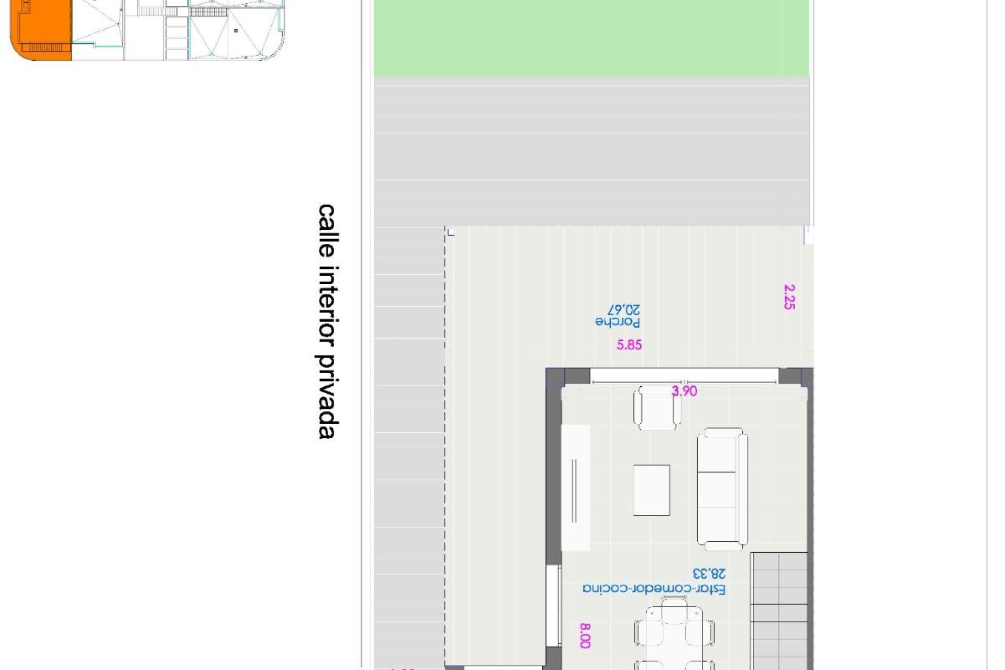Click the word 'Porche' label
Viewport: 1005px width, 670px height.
coord(618,321)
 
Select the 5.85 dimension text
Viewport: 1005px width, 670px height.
coord(629,344)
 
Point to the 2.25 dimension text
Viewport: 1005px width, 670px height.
coord(789,297)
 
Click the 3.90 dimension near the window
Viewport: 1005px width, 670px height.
coord(684,391)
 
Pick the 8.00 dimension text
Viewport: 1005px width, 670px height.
coord(585,635)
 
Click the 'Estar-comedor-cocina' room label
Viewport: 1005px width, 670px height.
coord(654,589)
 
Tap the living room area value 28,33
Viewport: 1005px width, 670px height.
coord(709,574)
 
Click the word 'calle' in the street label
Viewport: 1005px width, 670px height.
coord(326,230)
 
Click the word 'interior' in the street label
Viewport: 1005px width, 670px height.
coord(326,306)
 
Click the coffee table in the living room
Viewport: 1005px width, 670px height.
coord(652,490)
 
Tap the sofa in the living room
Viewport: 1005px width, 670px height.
coord(722,489)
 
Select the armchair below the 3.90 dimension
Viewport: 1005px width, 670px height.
coord(657,408)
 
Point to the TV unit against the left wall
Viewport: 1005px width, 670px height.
coord(575,487)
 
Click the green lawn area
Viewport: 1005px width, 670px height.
coord(591,39)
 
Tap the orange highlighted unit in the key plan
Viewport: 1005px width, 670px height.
coord(44,29)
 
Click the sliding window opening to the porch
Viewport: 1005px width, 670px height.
coord(684,376)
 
